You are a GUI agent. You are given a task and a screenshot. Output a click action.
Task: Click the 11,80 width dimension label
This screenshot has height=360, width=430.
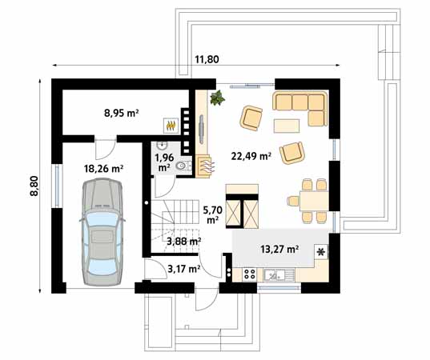(x=207, y=58)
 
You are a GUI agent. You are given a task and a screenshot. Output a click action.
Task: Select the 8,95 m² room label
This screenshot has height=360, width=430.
(x=122, y=114)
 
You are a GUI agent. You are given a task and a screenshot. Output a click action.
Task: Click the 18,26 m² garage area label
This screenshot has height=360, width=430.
(x=104, y=169)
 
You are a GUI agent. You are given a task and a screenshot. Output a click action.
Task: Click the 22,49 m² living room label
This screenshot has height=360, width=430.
(x=251, y=155)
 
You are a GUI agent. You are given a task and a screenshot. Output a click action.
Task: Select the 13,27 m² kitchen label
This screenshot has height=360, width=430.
(x=280, y=249)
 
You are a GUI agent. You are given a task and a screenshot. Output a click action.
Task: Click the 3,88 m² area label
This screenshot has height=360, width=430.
(x=183, y=240)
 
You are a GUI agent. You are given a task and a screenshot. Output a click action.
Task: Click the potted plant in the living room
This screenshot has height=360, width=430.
(x=216, y=98)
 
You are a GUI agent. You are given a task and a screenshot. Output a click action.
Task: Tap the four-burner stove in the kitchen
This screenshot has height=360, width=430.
(x=248, y=274)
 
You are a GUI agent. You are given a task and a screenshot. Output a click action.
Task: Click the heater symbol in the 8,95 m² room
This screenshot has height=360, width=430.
(x=171, y=125)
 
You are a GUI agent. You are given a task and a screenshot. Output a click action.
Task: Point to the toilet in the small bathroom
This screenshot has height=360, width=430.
(x=183, y=166)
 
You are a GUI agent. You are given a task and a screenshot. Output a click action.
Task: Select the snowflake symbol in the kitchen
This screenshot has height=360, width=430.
(x=322, y=252)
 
